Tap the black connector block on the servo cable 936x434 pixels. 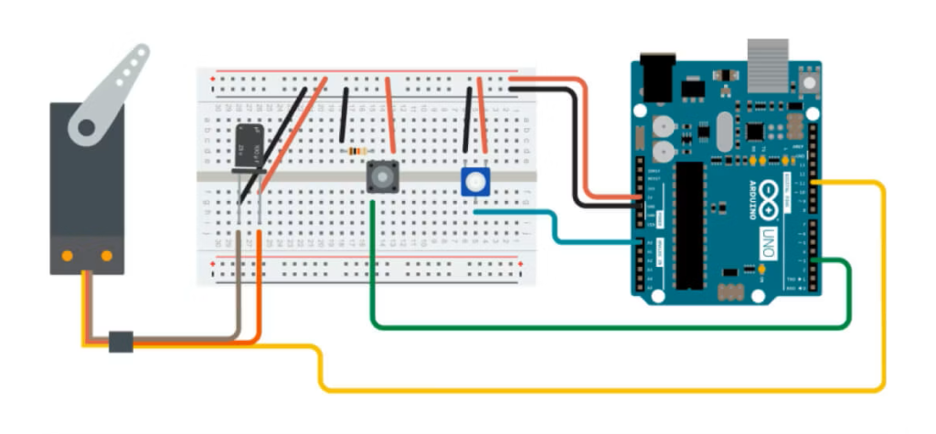(121, 342)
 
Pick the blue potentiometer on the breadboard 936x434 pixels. (474, 182)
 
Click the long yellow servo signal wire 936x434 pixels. (594, 390)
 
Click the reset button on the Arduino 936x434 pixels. (807, 84)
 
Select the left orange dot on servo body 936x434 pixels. (68, 257)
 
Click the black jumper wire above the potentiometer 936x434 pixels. (468, 119)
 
